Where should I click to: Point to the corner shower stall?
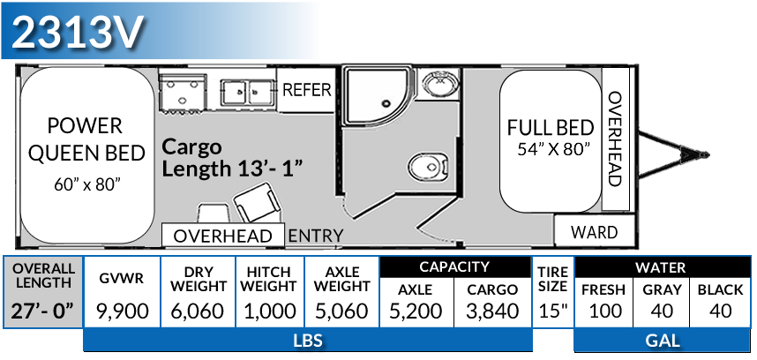[x=371, y=97]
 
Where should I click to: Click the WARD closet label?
[x=594, y=233]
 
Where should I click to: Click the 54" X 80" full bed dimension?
[x=554, y=149]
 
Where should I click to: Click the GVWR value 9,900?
[x=122, y=311]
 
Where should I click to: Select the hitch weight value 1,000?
[x=268, y=311]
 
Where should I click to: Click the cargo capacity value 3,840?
[x=493, y=311]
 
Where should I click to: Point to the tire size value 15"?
[x=552, y=311]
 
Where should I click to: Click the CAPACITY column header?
[x=454, y=266]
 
